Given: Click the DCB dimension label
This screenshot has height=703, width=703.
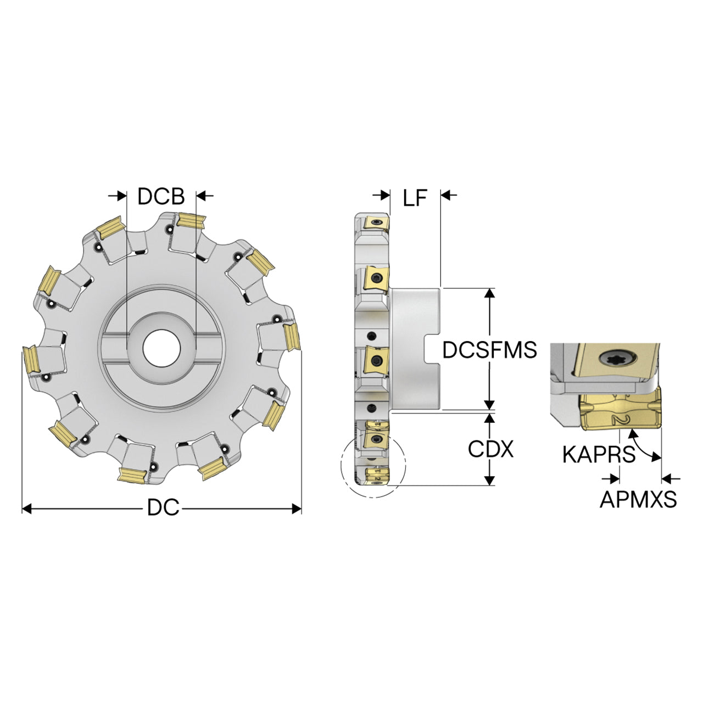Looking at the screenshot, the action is click(161, 196).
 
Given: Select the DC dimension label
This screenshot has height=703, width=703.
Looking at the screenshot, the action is click(163, 507).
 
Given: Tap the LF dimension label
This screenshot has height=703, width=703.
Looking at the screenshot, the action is click(415, 198).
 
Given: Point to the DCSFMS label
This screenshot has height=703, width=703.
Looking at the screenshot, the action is click(489, 349).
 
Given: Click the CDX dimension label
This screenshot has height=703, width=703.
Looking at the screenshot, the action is click(490, 449).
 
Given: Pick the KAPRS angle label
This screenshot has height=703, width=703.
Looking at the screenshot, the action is click(599, 455).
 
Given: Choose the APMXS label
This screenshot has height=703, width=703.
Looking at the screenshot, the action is click(638, 499).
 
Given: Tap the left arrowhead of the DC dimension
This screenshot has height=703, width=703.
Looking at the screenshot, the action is click(27, 509).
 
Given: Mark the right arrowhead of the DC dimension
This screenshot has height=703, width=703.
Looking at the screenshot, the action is click(297, 509).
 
